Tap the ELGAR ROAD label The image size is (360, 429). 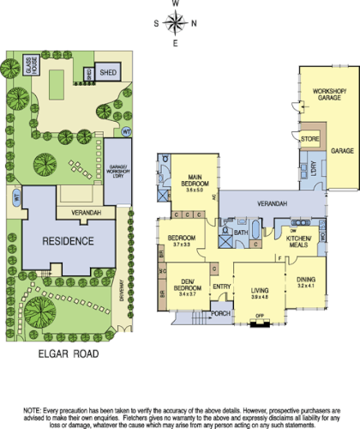click(68, 353)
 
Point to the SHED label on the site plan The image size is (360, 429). click(109, 73)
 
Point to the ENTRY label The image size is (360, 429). click(221, 287)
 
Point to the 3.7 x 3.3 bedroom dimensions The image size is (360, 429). click(182, 245)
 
